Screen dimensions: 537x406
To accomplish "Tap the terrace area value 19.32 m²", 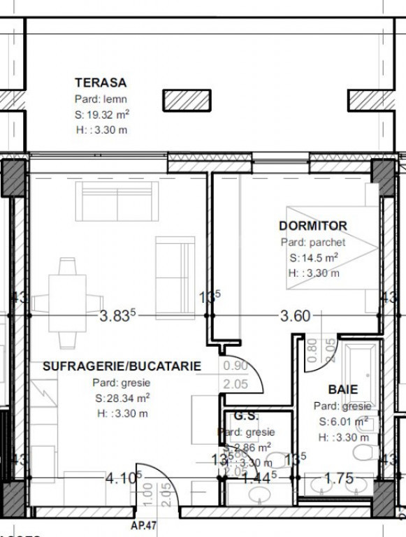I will coord(102,115).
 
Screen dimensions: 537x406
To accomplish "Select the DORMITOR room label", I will coord(312,226).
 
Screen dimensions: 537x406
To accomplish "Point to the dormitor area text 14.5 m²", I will coord(314,257).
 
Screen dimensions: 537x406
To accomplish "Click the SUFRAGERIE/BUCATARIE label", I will coord(122,366).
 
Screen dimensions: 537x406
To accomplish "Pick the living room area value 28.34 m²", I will coord(122,399).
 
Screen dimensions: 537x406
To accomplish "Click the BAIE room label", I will coord(342,389).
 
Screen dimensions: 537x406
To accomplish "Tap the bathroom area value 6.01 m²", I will coord(343,422).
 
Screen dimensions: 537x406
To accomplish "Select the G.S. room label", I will coord(245,416).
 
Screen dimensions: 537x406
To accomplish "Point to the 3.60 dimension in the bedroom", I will coord(294,316).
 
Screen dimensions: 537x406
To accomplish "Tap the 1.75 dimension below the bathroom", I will coord(340,478).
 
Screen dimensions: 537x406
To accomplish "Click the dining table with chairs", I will coord(68,303).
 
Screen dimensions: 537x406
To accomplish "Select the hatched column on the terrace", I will coord(187,100).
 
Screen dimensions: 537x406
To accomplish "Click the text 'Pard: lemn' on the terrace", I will coord(101,99).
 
